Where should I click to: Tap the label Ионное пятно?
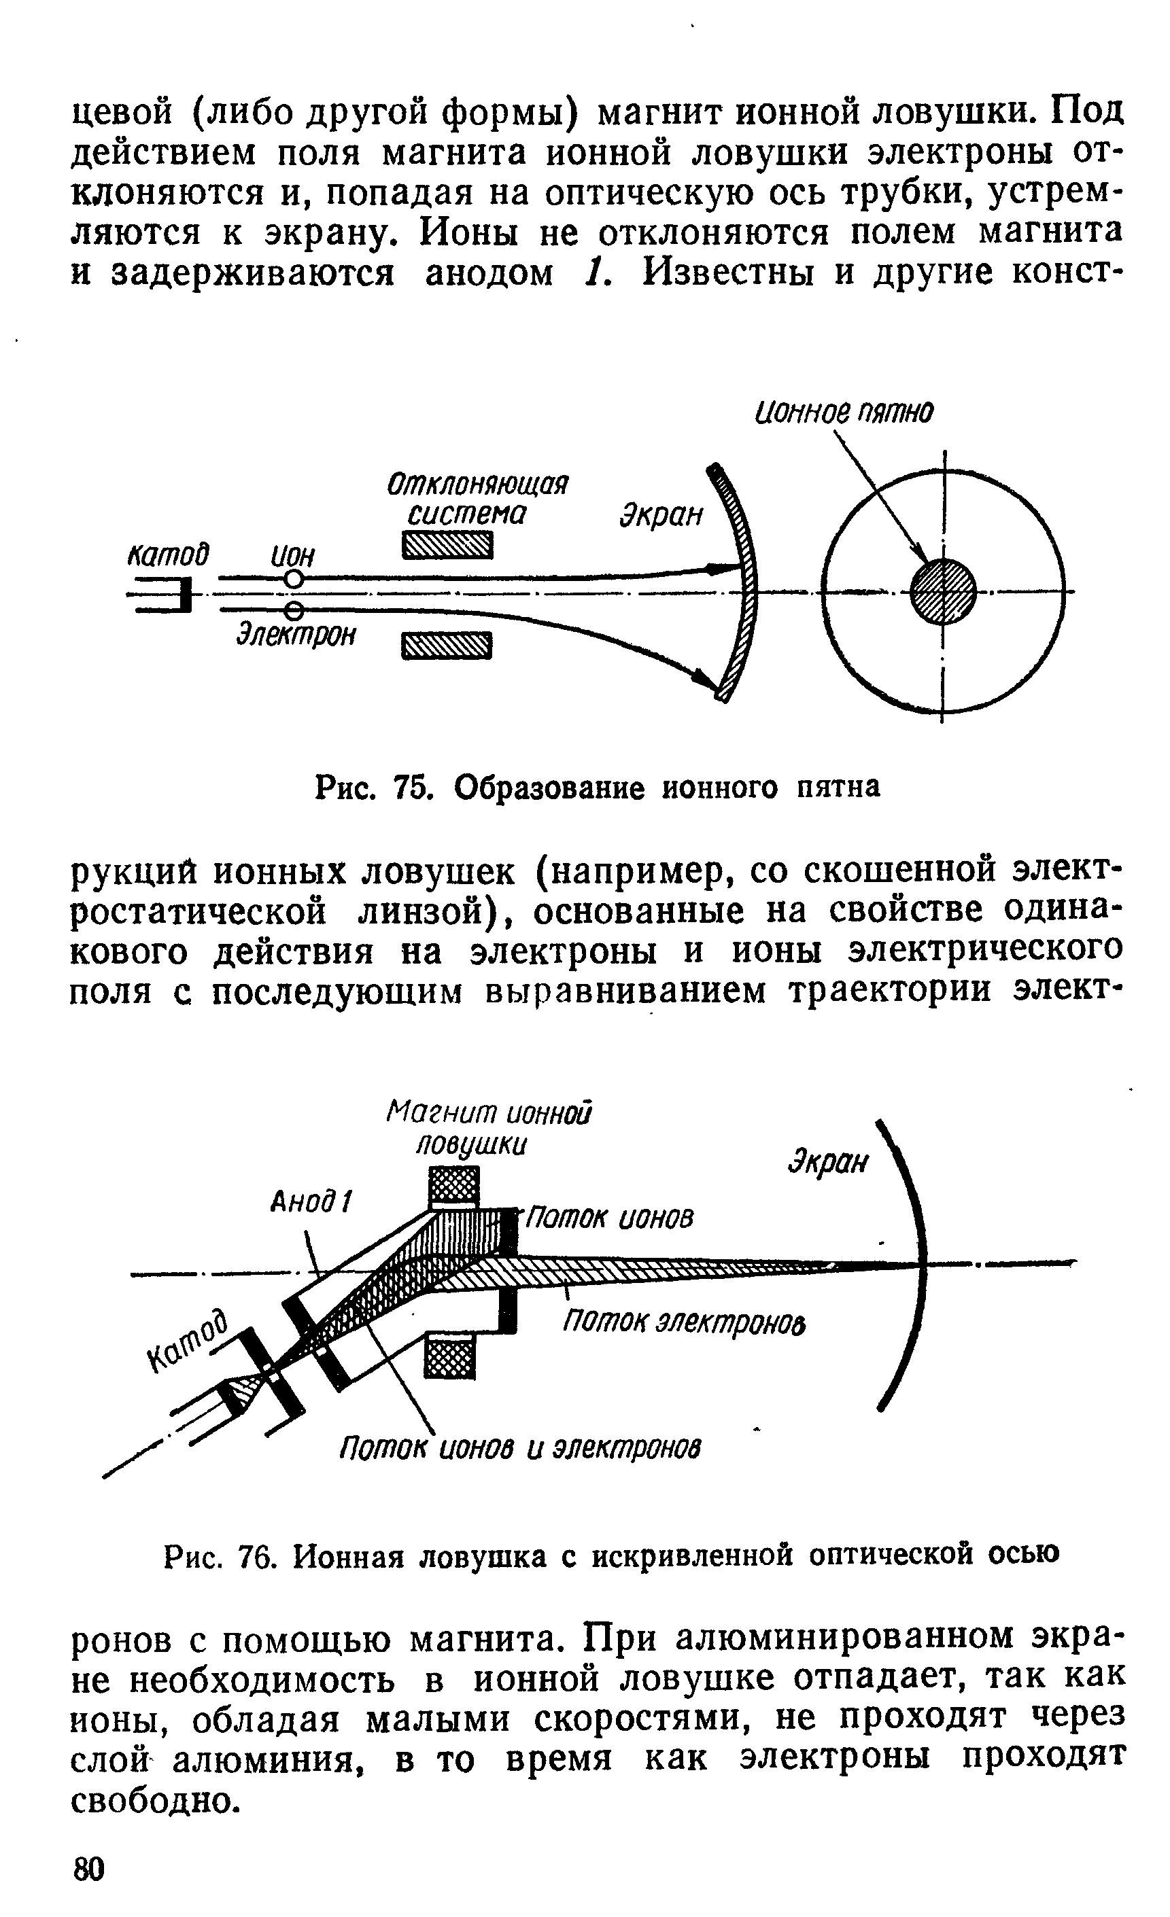843,413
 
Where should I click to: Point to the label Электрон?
296,635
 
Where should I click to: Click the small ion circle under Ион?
294,580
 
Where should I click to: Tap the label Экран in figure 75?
661,515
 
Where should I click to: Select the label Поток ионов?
608,1218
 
